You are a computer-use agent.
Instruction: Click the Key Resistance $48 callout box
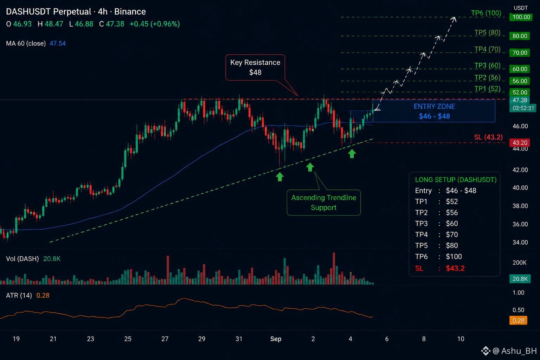point(255,67)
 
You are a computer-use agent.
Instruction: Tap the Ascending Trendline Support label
point(323,202)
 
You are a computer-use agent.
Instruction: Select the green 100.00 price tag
point(521,17)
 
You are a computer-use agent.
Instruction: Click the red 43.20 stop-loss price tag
point(520,142)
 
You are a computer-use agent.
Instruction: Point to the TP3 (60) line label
point(487,65)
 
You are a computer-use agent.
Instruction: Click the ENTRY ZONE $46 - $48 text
point(434,111)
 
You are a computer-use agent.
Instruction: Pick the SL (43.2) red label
point(488,137)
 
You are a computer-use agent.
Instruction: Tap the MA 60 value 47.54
point(58,43)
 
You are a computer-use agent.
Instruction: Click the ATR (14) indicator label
point(19,295)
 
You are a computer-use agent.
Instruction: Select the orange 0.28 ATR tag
point(518,321)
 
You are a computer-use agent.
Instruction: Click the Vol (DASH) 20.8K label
point(33,259)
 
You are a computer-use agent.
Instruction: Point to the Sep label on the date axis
point(276,339)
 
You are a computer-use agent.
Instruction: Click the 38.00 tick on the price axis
point(520,206)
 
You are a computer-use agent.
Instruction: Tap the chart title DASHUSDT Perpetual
point(49,12)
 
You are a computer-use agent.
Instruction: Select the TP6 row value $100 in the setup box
point(454,257)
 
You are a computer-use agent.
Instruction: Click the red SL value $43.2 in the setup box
point(455,268)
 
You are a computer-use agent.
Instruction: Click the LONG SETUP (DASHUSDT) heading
point(456,180)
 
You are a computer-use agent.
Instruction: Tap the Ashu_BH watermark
point(514,351)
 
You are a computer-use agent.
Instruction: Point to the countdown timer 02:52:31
point(523,108)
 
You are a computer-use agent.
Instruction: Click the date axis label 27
point(165,339)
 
